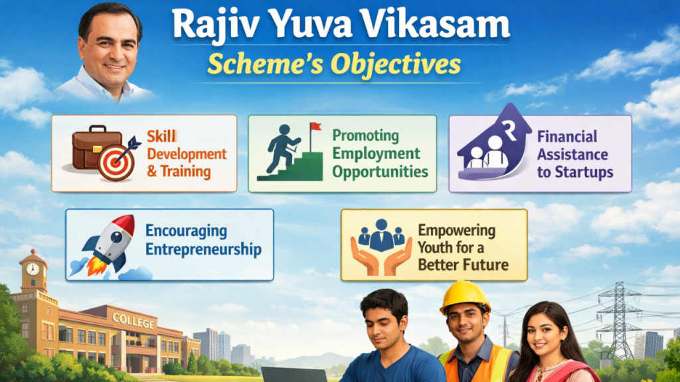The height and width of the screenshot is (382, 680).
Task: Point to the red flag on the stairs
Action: [315, 126]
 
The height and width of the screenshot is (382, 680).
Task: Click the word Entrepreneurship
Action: [203, 250]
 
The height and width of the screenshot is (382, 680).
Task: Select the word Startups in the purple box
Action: [584, 172]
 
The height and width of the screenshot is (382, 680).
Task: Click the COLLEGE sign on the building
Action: [133, 320]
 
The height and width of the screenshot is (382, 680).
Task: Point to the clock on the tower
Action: [32, 269]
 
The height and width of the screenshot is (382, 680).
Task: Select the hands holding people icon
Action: [381, 246]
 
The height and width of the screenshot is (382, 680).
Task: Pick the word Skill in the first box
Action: [161, 136]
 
